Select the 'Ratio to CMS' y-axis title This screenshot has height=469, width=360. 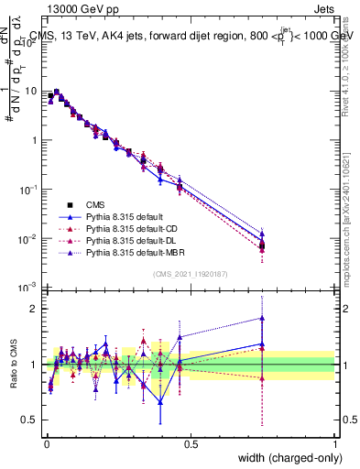(x=12, y=365)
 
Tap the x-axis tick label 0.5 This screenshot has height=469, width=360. (x=191, y=443)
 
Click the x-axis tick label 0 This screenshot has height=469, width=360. (x=46, y=443)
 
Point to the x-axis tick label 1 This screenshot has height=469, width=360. (x=335, y=443)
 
